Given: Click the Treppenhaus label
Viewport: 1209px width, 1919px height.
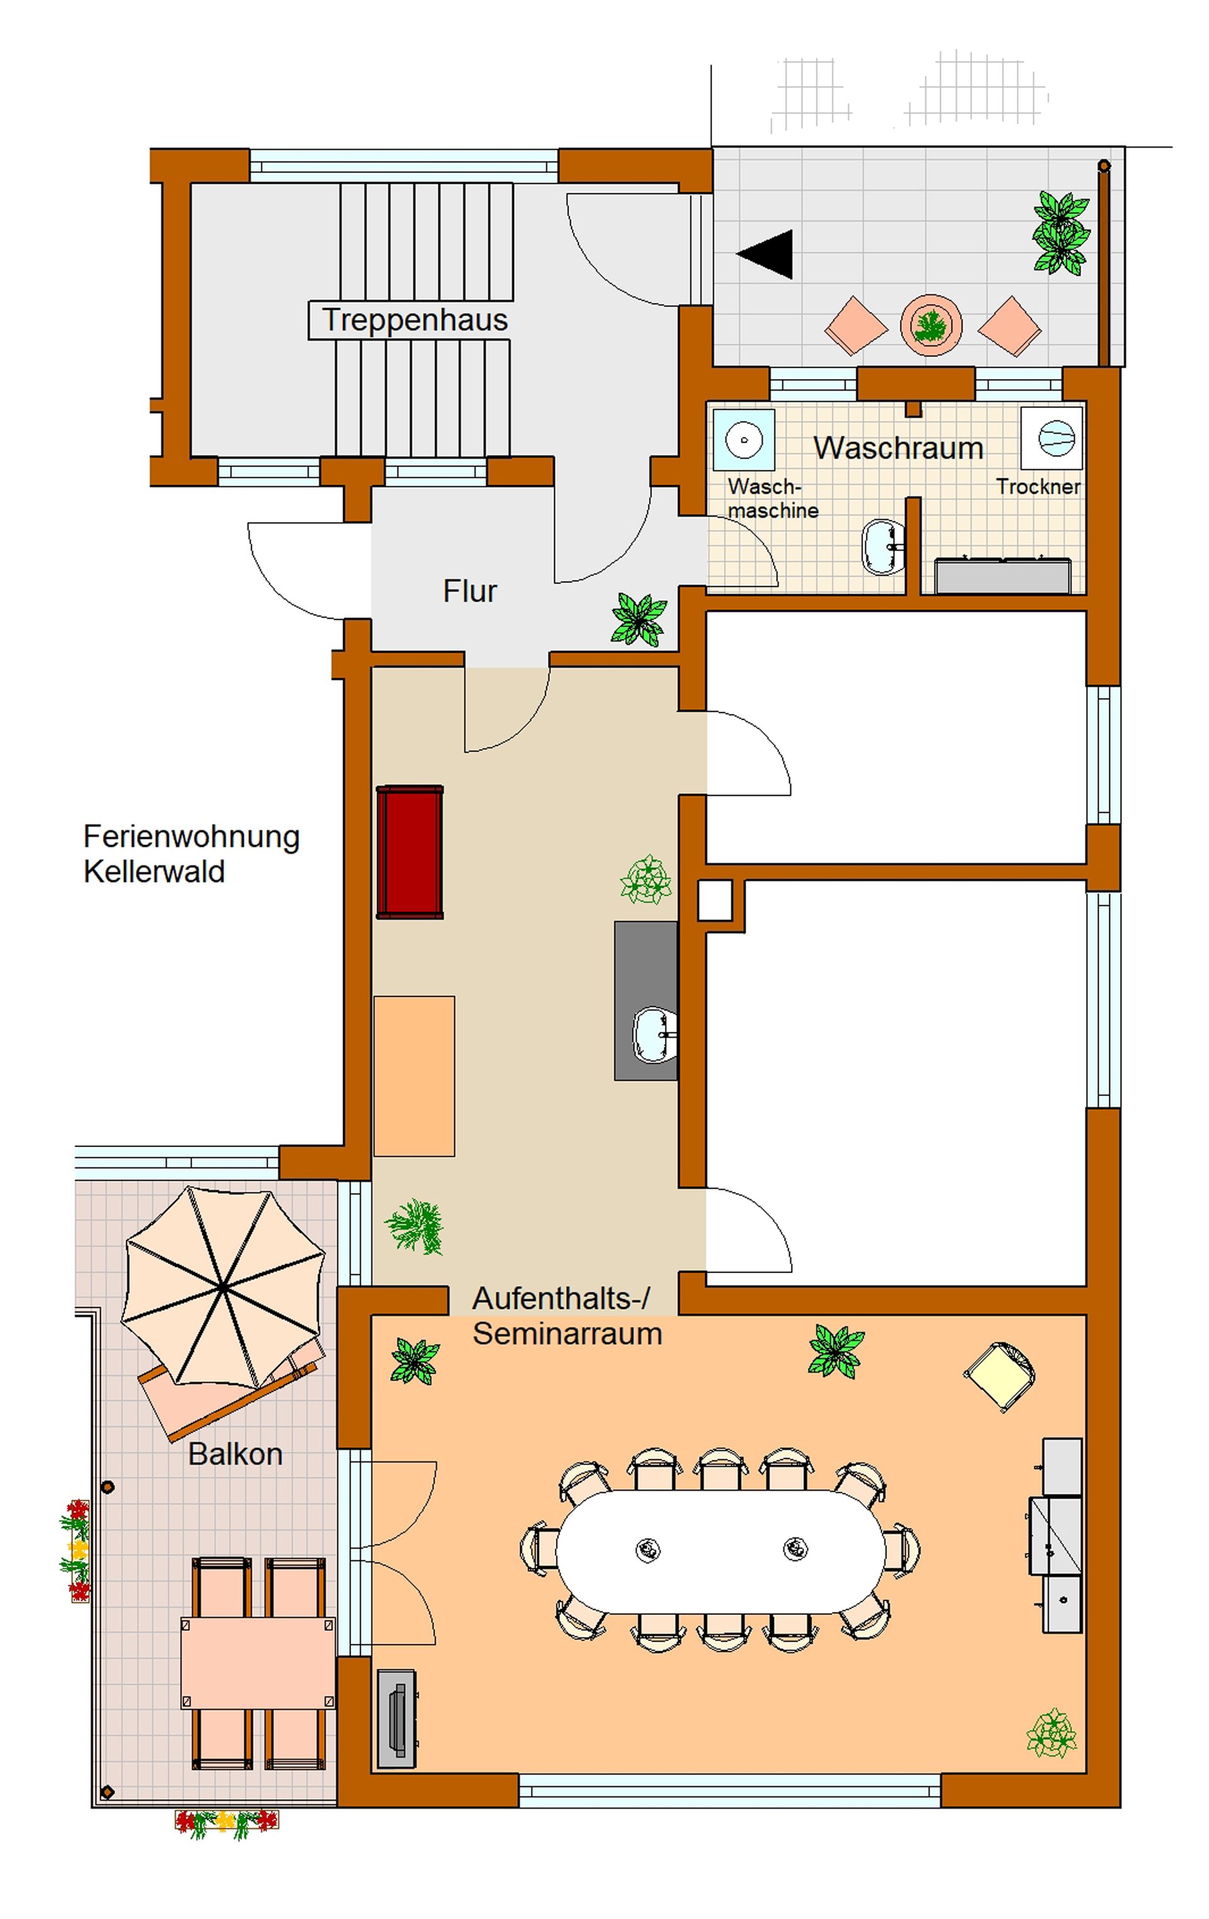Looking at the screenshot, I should click(414, 320).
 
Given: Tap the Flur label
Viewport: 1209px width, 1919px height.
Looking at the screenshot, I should click(469, 591).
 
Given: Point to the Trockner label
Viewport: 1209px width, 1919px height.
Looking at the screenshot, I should click(1038, 486).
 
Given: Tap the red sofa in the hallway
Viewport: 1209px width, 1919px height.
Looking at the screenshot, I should click(410, 852).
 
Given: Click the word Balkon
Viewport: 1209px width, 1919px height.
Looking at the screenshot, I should click(235, 1454).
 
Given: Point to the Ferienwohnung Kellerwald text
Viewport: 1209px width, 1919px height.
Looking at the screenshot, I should click(191, 854).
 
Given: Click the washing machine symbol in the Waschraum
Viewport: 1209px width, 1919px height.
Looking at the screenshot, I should click(744, 439).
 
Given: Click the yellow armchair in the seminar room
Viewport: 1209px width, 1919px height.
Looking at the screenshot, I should click(1000, 1376).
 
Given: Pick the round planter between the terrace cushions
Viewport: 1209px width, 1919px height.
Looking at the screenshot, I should click(930, 325).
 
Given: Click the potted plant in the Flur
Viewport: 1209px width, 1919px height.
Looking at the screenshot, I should click(639, 618).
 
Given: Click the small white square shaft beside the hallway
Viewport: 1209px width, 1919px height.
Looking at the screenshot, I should click(715, 900).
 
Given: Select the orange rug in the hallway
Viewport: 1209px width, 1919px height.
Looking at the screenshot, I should click(414, 1076).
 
